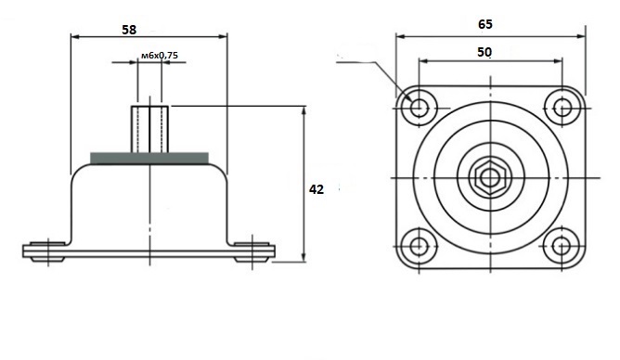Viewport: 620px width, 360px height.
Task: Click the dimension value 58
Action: click(x=129, y=30)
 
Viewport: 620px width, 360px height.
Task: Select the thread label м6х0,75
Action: click(x=160, y=56)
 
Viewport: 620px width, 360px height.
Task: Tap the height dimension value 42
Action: click(x=316, y=189)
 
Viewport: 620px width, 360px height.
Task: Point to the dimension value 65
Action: click(x=485, y=24)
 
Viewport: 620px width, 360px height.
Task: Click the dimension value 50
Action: click(x=484, y=52)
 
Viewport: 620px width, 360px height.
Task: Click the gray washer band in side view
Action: click(x=149, y=158)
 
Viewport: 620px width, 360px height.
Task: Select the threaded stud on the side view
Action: click(x=149, y=129)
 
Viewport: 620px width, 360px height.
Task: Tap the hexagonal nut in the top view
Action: click(x=490, y=178)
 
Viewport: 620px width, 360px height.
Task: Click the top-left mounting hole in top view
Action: click(x=419, y=107)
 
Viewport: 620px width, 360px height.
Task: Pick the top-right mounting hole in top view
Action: click(x=562, y=108)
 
